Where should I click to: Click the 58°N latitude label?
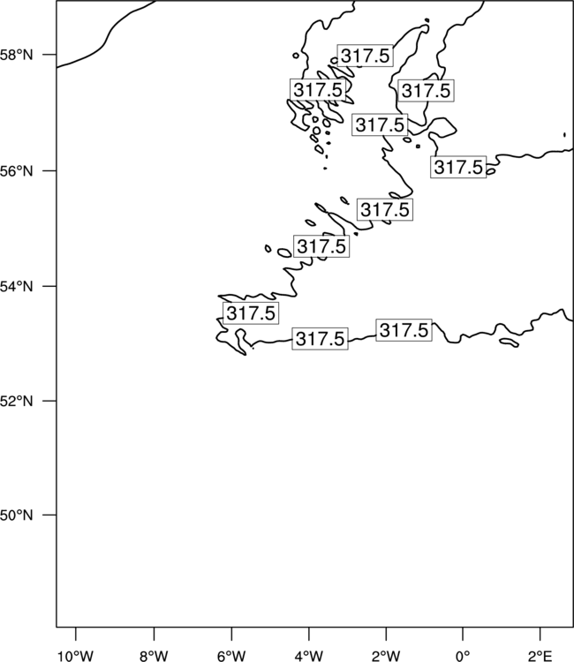click(16, 55)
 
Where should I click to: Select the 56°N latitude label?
click(16, 171)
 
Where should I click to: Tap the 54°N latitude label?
click(16, 287)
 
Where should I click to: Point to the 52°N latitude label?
click(16, 401)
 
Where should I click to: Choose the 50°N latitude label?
click(16, 515)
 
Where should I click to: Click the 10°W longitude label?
click(76, 656)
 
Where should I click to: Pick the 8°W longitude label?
click(154, 656)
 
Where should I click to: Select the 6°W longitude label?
click(231, 656)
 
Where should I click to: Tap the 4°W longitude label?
click(309, 656)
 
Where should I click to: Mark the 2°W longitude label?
click(386, 656)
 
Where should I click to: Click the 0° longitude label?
click(463, 656)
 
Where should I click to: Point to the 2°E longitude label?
click(540, 656)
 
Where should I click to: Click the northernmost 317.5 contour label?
click(366, 56)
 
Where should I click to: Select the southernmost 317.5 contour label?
click(321, 339)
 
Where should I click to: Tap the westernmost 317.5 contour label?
click(251, 313)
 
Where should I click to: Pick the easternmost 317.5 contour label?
click(458, 167)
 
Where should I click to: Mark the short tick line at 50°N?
click(49, 515)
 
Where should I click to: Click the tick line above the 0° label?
click(463, 634)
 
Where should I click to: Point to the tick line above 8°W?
click(154, 634)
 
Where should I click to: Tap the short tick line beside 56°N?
click(49, 171)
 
